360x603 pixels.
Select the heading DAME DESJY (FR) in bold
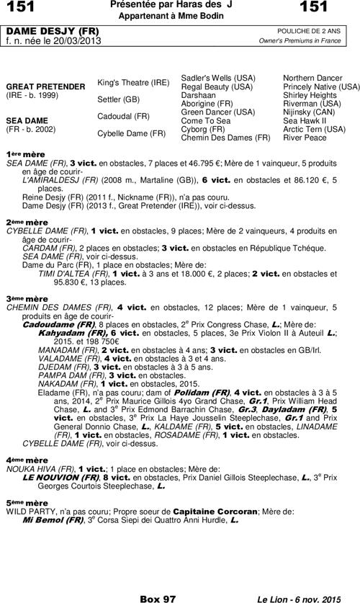(52, 32)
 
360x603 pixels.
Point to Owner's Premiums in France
(300, 41)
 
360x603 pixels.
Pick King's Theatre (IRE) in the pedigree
(133, 82)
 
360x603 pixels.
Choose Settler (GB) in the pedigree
(119, 99)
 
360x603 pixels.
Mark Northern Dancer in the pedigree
(312, 78)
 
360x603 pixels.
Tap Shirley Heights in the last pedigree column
(310, 95)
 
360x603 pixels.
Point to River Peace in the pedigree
(305, 138)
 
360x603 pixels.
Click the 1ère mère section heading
(20, 155)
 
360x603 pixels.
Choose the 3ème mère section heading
(22, 298)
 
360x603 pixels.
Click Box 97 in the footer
(158, 598)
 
